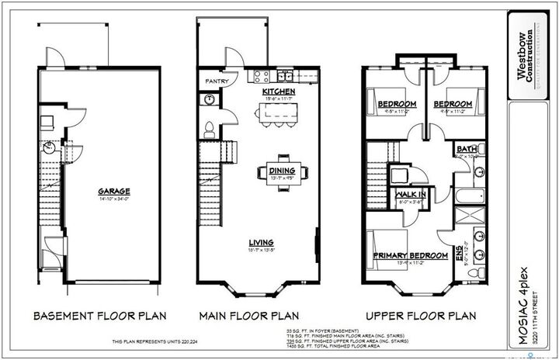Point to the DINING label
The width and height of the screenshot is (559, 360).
282,171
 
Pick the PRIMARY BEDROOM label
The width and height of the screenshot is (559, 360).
411,255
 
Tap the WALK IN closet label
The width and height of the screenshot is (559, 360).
409,195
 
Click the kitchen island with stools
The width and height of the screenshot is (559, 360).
277,115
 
